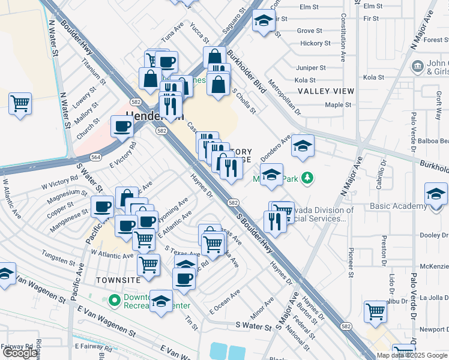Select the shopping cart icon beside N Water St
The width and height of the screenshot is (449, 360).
pos(20,104)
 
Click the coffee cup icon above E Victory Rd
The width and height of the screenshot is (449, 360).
pos(122,127)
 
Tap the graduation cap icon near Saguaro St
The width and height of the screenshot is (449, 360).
pos(263,21)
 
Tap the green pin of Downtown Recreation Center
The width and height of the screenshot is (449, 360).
pos(114,300)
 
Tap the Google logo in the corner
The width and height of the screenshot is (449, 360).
pos(20,353)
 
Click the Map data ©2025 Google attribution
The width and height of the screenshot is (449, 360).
pos(411,355)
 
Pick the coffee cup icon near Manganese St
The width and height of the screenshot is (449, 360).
pos(102,206)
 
